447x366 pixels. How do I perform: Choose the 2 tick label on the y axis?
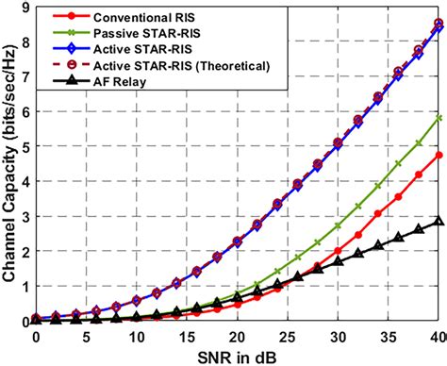tap(24, 252)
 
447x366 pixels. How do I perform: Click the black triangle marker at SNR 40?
tap(439, 223)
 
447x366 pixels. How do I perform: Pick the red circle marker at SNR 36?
tap(398, 196)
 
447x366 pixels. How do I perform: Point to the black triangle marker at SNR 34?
tap(378, 246)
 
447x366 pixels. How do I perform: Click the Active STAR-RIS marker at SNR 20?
tap(237, 242)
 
